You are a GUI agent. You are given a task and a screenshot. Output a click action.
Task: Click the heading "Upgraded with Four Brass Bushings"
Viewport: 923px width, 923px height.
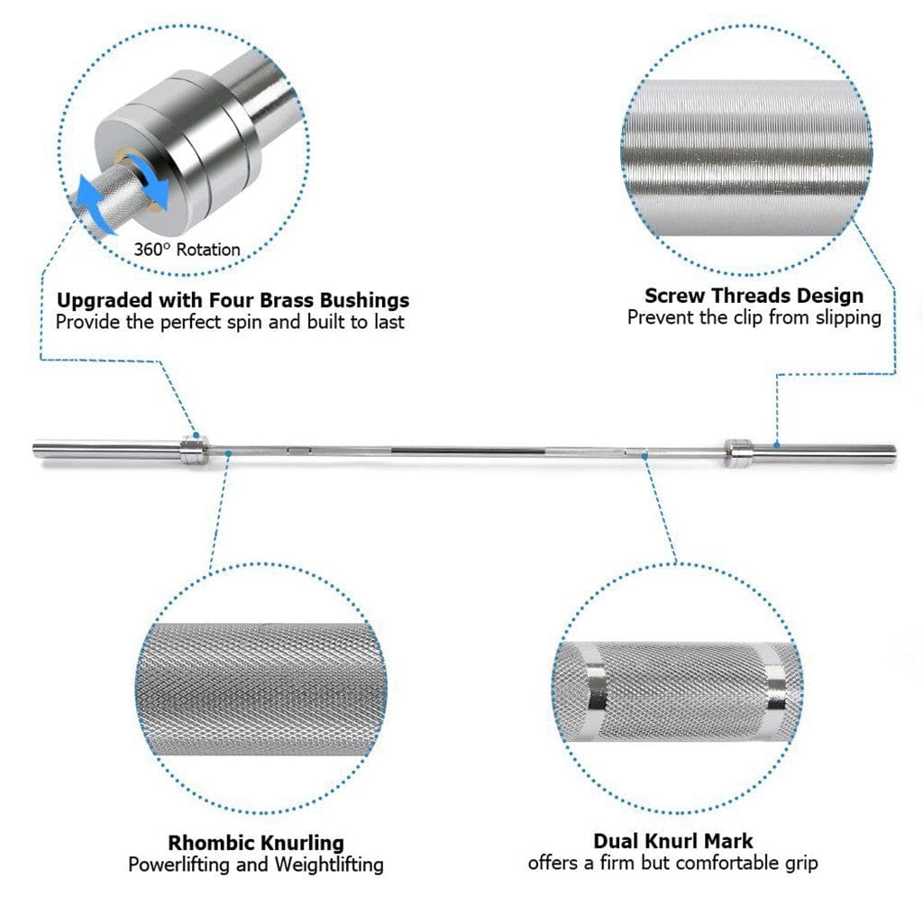click(233, 299)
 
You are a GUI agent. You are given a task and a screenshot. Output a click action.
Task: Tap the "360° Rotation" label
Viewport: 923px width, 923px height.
click(188, 250)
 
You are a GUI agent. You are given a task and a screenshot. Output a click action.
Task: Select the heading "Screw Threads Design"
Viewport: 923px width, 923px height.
click(754, 296)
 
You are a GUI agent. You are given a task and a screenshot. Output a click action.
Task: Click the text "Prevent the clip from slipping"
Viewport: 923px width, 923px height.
click(754, 317)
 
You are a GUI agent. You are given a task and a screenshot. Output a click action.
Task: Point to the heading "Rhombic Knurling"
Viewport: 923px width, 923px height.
click(256, 843)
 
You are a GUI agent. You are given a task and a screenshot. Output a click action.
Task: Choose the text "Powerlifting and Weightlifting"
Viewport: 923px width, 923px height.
click(256, 864)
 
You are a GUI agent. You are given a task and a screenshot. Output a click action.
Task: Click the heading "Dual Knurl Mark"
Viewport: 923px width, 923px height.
click(673, 841)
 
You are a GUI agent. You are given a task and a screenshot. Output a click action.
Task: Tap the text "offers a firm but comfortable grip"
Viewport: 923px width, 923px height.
click(673, 863)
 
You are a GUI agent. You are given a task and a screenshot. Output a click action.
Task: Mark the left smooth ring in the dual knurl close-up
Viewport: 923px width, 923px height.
click(592, 687)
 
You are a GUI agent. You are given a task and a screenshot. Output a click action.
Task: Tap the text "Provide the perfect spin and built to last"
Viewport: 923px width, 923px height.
click(230, 322)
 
